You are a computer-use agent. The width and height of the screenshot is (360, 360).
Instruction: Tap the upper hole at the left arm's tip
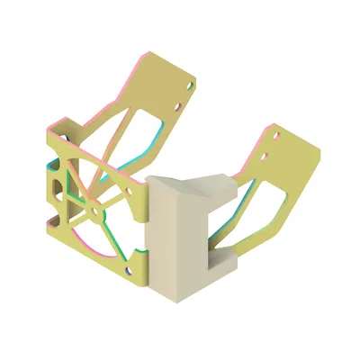click(x=188, y=86)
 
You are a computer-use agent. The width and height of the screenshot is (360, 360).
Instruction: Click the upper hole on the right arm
click(x=275, y=139)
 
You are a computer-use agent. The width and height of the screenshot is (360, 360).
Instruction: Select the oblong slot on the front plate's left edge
click(x=58, y=185)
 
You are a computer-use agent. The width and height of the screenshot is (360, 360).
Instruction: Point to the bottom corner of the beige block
click(x=176, y=298)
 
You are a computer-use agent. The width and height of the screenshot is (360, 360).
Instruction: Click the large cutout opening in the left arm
click(x=135, y=135)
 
